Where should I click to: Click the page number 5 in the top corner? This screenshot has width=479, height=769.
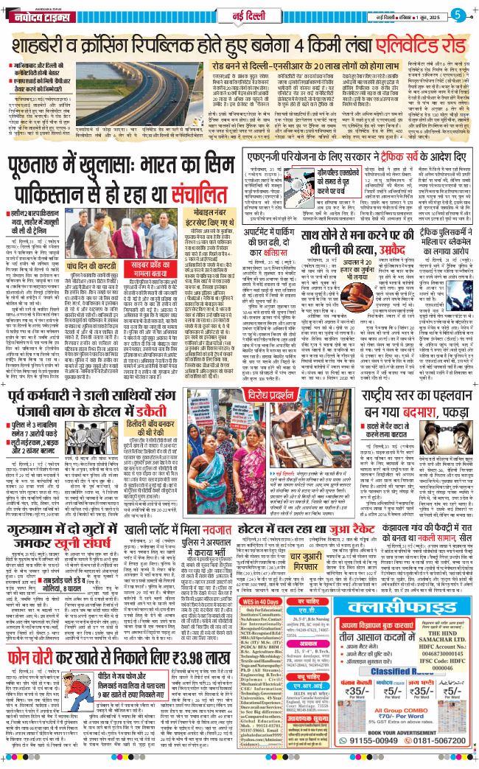point(458,14)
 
